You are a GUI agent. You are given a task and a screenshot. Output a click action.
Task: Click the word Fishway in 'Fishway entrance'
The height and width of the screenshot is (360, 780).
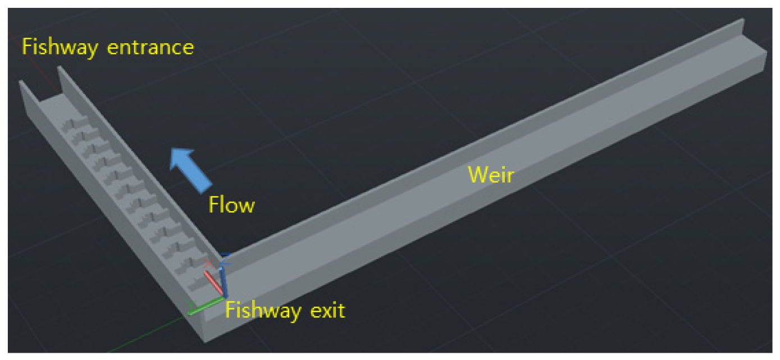click(x=60, y=48)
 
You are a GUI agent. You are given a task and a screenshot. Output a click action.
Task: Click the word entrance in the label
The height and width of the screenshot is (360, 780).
click(x=150, y=48)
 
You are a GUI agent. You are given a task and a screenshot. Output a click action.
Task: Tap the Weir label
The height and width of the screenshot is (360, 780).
click(x=491, y=175)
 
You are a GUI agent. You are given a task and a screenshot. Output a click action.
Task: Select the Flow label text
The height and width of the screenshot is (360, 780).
click(x=231, y=204)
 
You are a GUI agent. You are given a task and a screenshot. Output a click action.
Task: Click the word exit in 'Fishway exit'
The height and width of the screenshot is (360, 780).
click(x=328, y=310)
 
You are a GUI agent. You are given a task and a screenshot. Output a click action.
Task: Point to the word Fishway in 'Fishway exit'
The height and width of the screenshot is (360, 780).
click(x=263, y=311)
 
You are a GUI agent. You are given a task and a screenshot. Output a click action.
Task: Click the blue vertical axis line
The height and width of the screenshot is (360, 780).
click(x=223, y=282)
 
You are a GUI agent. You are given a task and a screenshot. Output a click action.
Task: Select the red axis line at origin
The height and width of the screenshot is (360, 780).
click(x=213, y=282)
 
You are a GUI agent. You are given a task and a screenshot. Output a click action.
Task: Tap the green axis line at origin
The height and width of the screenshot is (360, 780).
click(x=206, y=306)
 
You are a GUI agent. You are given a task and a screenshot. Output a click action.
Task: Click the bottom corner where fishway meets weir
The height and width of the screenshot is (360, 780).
click(x=205, y=341)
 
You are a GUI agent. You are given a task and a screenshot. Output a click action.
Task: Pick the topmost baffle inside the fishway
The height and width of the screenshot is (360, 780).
click(x=75, y=124)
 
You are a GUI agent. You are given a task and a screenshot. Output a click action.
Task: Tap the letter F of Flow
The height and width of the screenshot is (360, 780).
click(x=213, y=204)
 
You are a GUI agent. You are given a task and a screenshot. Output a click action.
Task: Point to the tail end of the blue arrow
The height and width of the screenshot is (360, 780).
click(x=206, y=188)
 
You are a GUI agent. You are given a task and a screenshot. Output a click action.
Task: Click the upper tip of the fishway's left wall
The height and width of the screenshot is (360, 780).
click(x=21, y=81)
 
